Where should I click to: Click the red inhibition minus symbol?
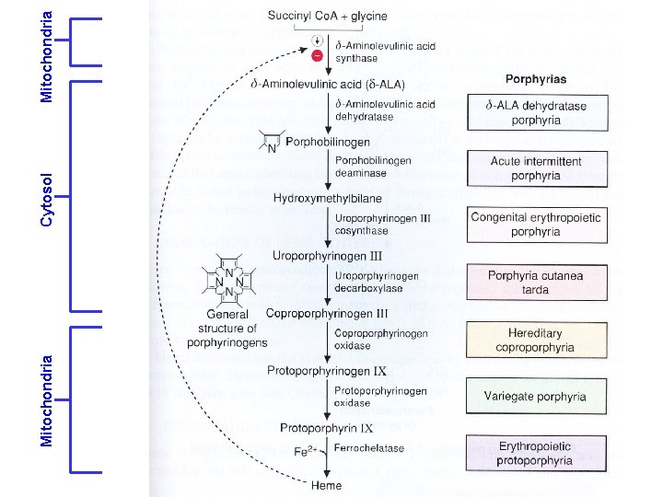(x=317, y=55)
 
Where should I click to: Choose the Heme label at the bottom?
(x=327, y=485)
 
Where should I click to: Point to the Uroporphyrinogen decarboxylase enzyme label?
(x=378, y=281)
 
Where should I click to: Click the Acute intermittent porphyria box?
(x=524, y=168)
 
